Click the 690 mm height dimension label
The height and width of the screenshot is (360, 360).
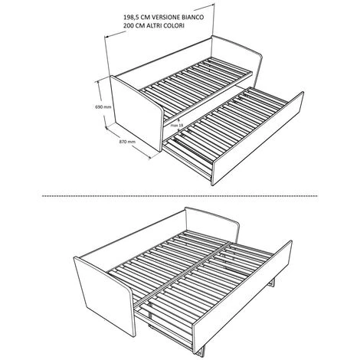coord(103,107)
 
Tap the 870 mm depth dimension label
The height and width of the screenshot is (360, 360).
coord(127,142)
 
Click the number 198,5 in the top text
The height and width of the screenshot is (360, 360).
coord(132,18)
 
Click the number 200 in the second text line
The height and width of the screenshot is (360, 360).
coord(128,26)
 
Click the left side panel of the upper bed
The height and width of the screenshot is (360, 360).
coord(136,113)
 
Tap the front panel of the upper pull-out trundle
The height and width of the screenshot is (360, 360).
coord(257,139)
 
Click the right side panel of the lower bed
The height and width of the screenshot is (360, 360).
coord(212,222)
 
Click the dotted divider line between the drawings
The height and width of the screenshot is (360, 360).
coord(180,196)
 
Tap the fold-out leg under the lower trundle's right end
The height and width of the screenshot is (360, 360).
coord(272,283)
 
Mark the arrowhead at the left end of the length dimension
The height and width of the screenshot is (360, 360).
coord(106,37)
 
